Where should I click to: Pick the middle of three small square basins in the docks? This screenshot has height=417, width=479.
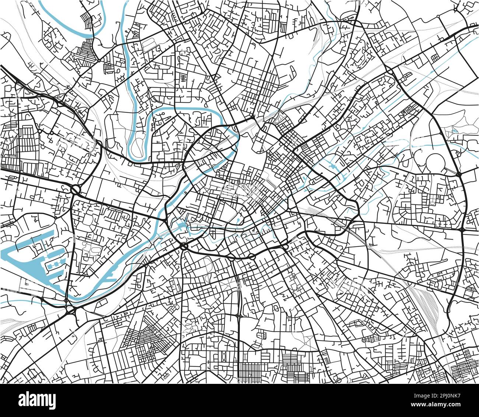54,265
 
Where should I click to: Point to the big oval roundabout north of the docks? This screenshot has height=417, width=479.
75,190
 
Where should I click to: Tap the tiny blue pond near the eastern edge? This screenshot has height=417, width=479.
453,130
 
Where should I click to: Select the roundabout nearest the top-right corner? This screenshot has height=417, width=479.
456,8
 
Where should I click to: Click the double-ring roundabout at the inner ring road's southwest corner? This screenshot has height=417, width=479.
183,246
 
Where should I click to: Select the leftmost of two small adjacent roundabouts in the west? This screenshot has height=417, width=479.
39,131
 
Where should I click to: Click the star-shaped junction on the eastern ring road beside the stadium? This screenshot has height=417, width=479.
459,174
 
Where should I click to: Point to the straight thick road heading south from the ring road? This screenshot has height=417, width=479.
239,313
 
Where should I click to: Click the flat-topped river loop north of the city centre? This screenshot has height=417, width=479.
188,110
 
